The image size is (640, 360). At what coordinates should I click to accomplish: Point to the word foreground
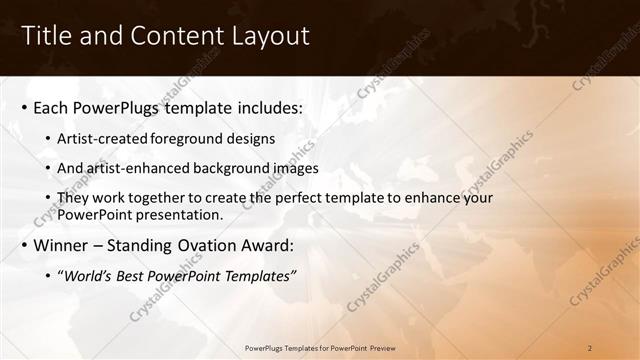click(195, 138)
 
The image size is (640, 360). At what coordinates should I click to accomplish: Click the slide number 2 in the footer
click(591, 348)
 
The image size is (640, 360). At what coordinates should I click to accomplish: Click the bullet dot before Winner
click(24, 246)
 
